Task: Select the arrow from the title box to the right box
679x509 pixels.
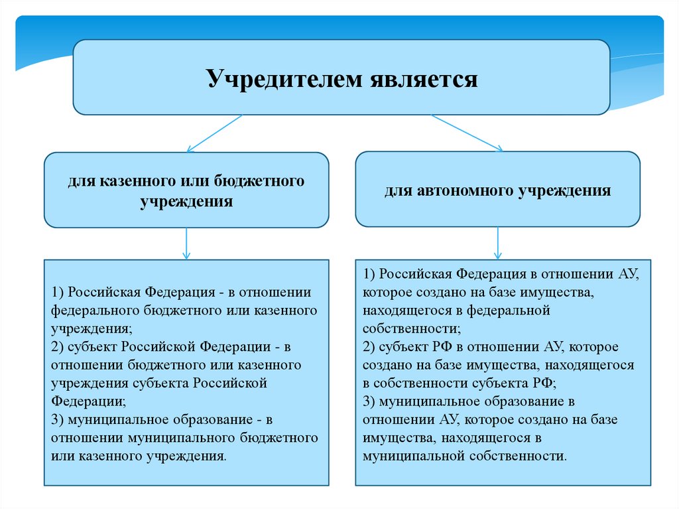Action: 467,133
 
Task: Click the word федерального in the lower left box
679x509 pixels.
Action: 92,310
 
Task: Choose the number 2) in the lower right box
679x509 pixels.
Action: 369,347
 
